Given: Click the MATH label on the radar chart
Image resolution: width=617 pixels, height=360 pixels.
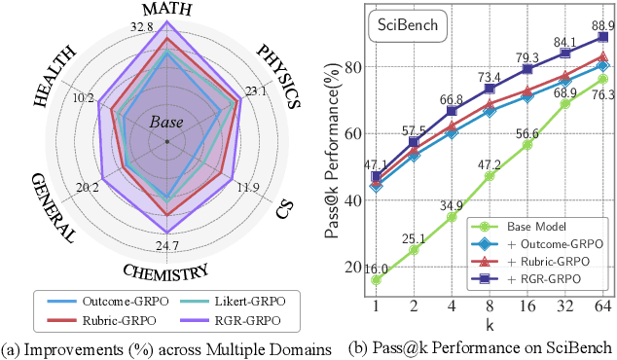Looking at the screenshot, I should [x=167, y=10].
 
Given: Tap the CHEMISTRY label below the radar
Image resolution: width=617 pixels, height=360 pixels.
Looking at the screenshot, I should [x=166, y=271].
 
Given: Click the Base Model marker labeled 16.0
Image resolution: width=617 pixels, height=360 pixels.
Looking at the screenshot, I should [x=375, y=280].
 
